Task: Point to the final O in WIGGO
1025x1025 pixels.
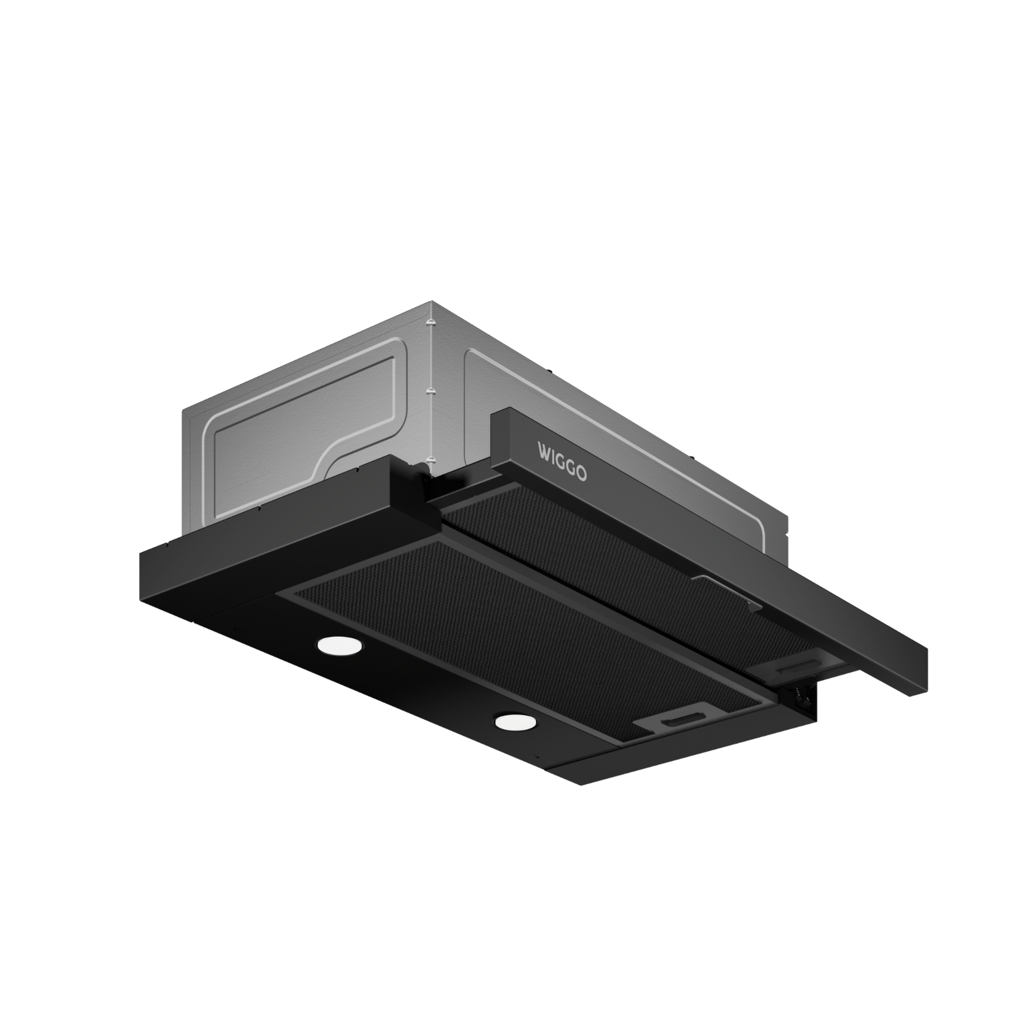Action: (582, 474)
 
